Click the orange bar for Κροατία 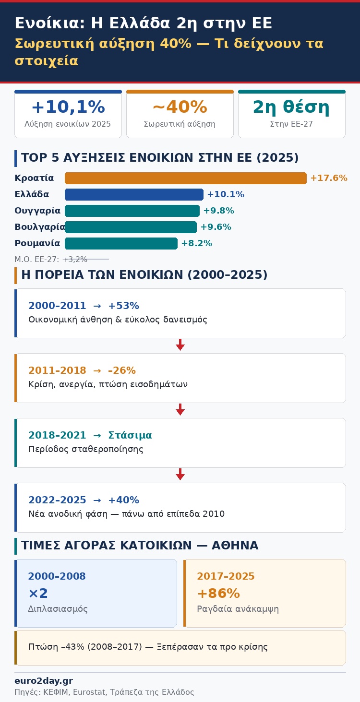point(185,178)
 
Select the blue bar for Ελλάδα point(134,194)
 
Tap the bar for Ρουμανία point(121,243)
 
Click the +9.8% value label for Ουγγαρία point(218,211)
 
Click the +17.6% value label point(328,178)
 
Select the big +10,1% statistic point(68,107)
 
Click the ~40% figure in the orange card point(180,107)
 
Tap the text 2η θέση point(291,107)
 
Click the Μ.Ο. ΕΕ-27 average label point(50,260)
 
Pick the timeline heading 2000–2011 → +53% point(84,306)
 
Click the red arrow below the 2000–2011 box point(180,345)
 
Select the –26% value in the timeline point(122,370)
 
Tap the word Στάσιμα point(130,435)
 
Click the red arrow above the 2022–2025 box point(180,474)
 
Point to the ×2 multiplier point(38,594)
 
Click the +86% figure point(218,594)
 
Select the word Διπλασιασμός point(58,609)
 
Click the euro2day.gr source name point(44,681)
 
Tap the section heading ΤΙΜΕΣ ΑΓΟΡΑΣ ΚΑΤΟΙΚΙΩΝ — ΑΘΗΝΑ point(140,546)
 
